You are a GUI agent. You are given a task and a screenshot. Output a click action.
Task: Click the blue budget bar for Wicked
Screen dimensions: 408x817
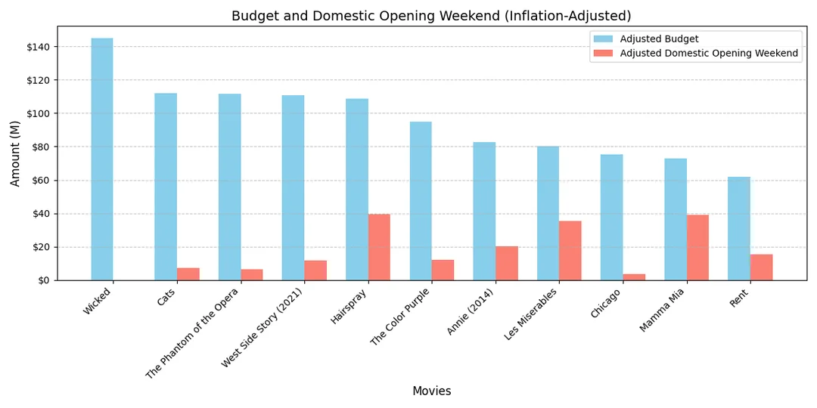(x=102, y=159)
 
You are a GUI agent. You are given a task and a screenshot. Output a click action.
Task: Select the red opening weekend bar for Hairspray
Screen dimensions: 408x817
(x=379, y=247)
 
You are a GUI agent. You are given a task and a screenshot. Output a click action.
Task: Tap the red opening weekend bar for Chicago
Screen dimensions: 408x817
(x=634, y=277)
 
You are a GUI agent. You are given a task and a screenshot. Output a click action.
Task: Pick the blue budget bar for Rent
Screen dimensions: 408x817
(x=739, y=228)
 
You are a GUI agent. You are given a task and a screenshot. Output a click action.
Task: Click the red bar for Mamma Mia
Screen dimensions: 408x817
(x=697, y=248)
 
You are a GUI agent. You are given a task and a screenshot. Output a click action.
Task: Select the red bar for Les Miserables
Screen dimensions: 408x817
(x=570, y=251)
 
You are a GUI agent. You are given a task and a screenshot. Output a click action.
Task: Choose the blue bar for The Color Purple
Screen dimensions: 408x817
(x=421, y=201)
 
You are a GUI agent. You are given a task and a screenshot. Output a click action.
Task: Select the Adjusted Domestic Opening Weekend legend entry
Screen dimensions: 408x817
(x=708, y=53)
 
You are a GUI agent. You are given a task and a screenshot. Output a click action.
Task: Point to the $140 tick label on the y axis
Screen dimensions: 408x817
(x=38, y=47)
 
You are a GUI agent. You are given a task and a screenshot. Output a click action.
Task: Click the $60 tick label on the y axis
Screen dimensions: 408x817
(x=40, y=181)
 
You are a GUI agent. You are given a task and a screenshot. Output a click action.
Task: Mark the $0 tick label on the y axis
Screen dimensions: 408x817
(x=43, y=280)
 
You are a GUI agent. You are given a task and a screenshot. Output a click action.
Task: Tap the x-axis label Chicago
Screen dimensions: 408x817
(x=605, y=304)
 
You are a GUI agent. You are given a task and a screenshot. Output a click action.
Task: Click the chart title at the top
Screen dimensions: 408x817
(x=431, y=16)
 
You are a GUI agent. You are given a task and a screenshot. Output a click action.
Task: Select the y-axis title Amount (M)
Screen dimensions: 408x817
(x=15, y=153)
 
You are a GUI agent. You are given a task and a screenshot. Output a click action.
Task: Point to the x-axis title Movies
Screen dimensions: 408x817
(x=431, y=391)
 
